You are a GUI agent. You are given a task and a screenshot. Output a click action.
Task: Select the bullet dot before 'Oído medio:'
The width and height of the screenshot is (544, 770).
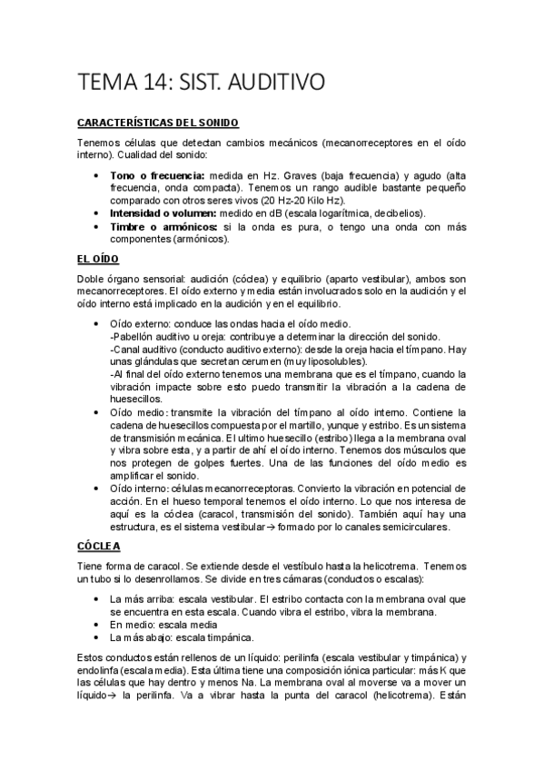[x=97, y=412]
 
